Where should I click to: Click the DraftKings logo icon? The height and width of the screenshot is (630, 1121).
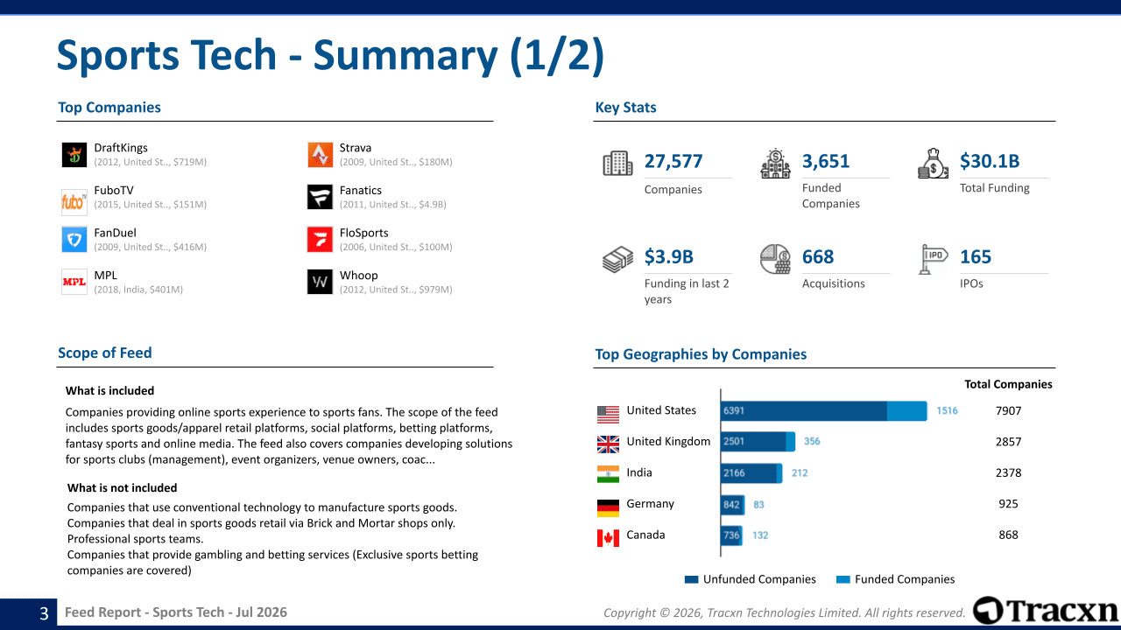pos(74,155)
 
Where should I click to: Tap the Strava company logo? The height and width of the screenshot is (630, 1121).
pos(320,155)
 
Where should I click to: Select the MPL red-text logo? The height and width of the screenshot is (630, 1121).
pos(74,282)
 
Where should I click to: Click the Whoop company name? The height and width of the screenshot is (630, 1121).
pos(359,276)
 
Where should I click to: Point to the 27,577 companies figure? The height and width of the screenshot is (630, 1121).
pos(673,161)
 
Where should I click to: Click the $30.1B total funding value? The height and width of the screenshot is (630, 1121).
pos(990,161)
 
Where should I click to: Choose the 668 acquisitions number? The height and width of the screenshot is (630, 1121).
pos(818,256)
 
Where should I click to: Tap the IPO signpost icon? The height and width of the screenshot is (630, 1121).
pos(934,259)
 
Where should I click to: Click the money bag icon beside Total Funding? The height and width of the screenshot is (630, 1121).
pos(933,164)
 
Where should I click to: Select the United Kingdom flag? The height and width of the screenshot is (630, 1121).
pos(608,444)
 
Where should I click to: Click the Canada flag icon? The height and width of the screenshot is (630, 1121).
pos(608,538)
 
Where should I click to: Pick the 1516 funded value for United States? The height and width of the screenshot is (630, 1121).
pos(947,410)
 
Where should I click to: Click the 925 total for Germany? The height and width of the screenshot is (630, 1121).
pos(1008,503)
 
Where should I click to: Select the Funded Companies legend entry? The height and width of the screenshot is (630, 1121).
pos(895,579)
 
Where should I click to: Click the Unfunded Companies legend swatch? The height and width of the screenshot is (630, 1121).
pos(691,579)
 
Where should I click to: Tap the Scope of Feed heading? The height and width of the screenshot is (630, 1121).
pos(104,353)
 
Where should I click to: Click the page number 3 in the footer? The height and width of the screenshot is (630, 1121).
pos(44,613)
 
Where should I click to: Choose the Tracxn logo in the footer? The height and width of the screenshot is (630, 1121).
pos(1045,611)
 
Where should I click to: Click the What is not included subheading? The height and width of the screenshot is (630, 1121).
pos(122,487)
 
